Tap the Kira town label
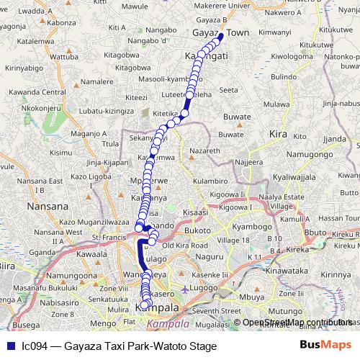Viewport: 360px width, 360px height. pos(277,134)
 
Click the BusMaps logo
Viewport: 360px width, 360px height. pos(325,346)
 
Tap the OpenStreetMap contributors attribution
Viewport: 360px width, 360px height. pos(295,323)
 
